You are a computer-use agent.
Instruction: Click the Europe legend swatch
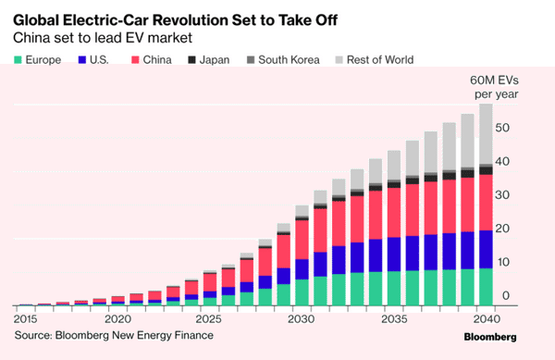click(x=18, y=60)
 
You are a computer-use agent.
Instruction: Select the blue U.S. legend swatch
click(x=82, y=60)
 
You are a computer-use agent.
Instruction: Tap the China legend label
click(x=157, y=60)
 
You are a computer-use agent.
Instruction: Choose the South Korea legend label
click(x=289, y=60)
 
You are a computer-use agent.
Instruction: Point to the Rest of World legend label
click(x=380, y=60)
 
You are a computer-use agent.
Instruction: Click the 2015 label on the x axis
click(x=25, y=319)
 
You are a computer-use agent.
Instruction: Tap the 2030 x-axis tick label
click(x=301, y=319)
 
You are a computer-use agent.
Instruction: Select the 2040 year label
click(x=487, y=319)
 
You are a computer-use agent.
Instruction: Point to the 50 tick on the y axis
click(x=502, y=128)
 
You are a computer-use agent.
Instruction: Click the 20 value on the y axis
click(x=502, y=229)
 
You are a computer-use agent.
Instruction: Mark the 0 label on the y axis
click(x=506, y=295)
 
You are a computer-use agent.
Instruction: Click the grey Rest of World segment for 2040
click(x=486, y=134)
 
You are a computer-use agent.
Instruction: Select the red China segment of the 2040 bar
click(x=486, y=203)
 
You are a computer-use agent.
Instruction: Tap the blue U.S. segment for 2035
click(x=394, y=254)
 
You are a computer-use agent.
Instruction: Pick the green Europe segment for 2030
click(x=302, y=292)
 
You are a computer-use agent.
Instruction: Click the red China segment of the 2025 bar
click(x=210, y=282)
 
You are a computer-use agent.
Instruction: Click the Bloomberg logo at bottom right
click(x=490, y=337)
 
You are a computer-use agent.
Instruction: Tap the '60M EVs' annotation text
click(x=494, y=81)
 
